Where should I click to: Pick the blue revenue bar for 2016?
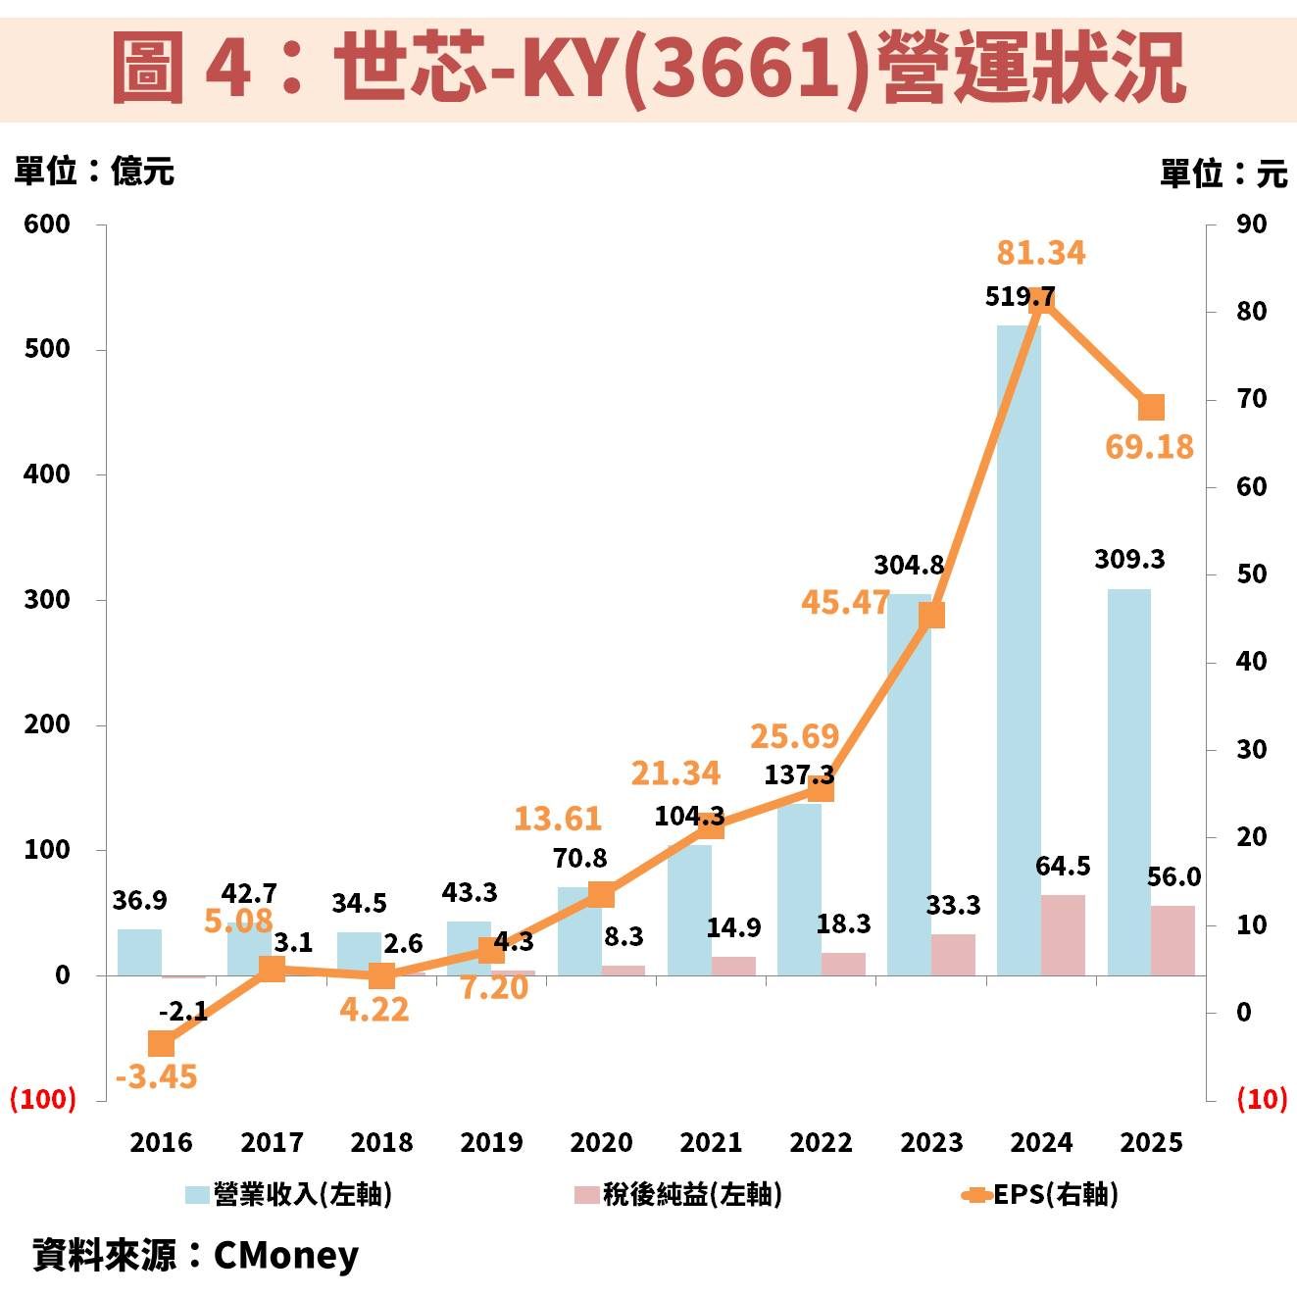click(139, 951)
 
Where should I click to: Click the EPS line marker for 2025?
click(1151, 407)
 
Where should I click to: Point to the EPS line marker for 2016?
click(162, 1043)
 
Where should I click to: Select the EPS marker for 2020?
click(601, 894)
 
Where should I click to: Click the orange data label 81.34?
click(1040, 253)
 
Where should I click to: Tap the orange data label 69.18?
click(1149, 447)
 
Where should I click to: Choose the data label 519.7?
click(1020, 296)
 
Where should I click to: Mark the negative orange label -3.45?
click(156, 1076)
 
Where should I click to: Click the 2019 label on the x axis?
click(491, 1142)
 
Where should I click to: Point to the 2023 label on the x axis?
click(931, 1142)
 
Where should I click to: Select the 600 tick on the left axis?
click(47, 224)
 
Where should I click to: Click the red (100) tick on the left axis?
click(43, 1099)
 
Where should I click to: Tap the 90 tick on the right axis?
click(1251, 224)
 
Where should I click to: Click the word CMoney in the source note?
click(285, 1255)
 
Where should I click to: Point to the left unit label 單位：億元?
click(94, 172)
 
